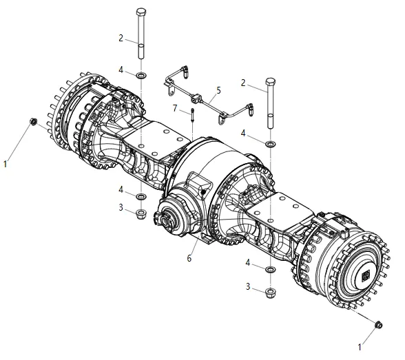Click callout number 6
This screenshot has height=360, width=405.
[189, 258]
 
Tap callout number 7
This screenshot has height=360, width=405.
[175, 108]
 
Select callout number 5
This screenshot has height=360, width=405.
[219, 91]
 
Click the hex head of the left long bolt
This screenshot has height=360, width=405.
[141, 12]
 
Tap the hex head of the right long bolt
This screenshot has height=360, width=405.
[270, 81]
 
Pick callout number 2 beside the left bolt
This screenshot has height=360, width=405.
[121, 38]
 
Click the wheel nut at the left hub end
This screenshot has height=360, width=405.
[34, 121]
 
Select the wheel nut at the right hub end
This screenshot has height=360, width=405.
[378, 325]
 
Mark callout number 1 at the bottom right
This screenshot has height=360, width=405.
[360, 347]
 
